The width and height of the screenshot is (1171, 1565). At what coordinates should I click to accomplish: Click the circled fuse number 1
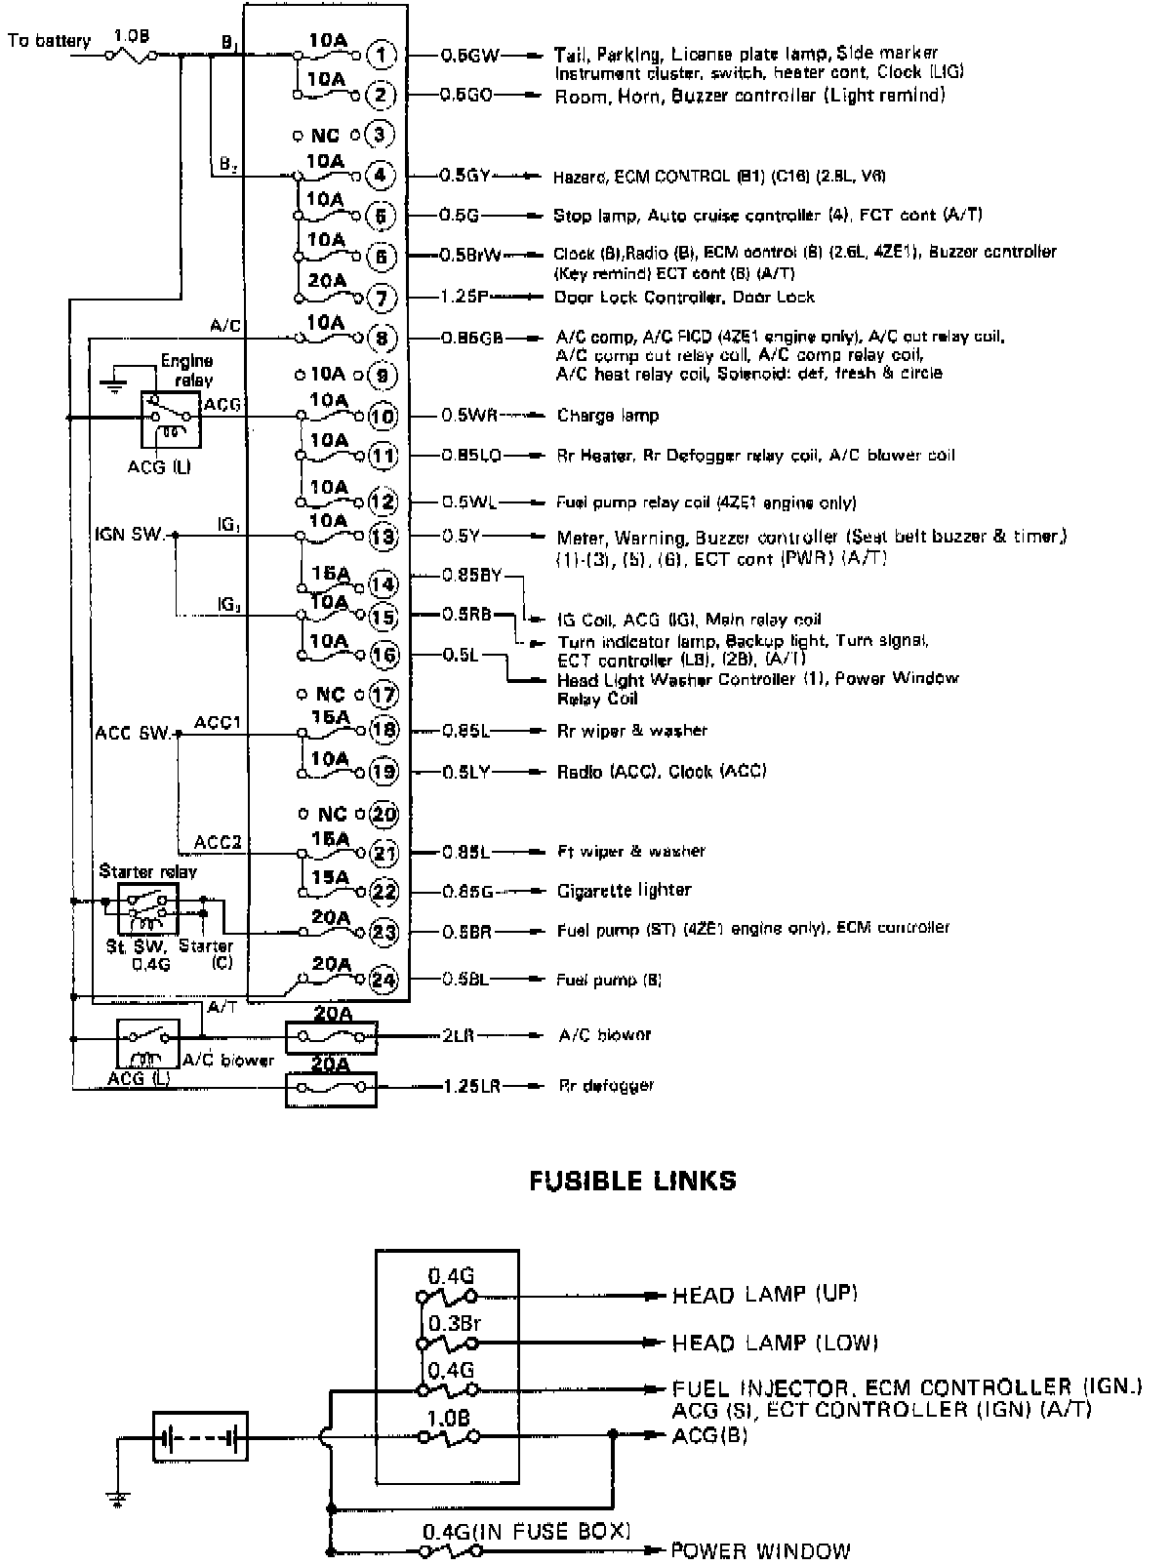382,55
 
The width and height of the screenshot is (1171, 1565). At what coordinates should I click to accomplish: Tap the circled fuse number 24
384,979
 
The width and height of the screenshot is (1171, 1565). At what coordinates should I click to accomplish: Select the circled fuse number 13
384,537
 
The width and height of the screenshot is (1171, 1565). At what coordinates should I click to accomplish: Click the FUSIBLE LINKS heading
632,1181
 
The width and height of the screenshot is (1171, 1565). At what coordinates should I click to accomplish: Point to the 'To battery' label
49,41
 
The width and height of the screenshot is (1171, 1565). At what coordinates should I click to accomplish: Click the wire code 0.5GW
470,56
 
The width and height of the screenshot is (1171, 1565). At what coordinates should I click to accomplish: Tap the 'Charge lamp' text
608,416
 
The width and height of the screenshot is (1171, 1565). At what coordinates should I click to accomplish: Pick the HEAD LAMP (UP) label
764,1295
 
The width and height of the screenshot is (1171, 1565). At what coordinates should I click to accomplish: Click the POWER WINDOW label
761,1550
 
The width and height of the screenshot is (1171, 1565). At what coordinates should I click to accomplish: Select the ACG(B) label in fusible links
709,1435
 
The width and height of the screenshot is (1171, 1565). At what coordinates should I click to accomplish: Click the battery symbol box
201,1436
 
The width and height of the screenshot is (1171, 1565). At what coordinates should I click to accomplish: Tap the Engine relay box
171,420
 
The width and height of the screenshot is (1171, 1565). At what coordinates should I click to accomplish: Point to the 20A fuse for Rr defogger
331,1087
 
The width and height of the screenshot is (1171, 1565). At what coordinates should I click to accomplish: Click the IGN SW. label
130,535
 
